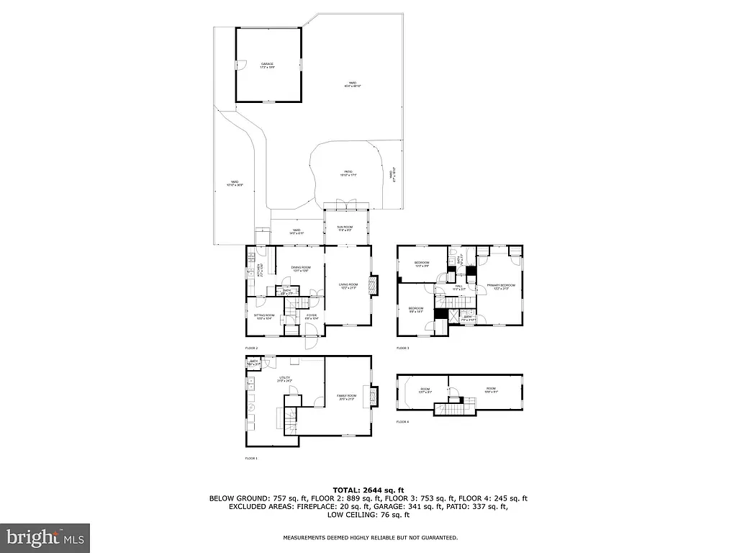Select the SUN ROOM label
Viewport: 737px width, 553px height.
pyautogui.click(x=345, y=228)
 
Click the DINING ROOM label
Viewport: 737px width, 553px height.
pyautogui.click(x=301, y=269)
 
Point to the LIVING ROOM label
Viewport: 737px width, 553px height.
pyautogui.click(x=348, y=286)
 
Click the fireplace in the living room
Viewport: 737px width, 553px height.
pyautogui.click(x=372, y=285)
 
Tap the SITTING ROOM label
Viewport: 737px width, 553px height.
pyautogui.click(x=264, y=316)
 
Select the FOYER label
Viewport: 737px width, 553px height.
pyautogui.click(x=311, y=316)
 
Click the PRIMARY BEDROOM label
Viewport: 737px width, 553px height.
pyautogui.click(x=501, y=287)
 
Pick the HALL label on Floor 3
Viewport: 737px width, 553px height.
pyautogui.click(x=458, y=286)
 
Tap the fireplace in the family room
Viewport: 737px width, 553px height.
pyautogui.click(x=372, y=397)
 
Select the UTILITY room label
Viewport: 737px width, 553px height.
pyautogui.click(x=285, y=378)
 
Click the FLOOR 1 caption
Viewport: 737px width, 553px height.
pyautogui.click(x=251, y=458)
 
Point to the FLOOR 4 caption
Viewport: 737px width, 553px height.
pyautogui.click(x=402, y=422)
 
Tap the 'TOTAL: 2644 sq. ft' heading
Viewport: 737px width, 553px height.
pyautogui.click(x=368, y=490)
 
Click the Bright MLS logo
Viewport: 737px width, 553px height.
pyautogui.click(x=45, y=537)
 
